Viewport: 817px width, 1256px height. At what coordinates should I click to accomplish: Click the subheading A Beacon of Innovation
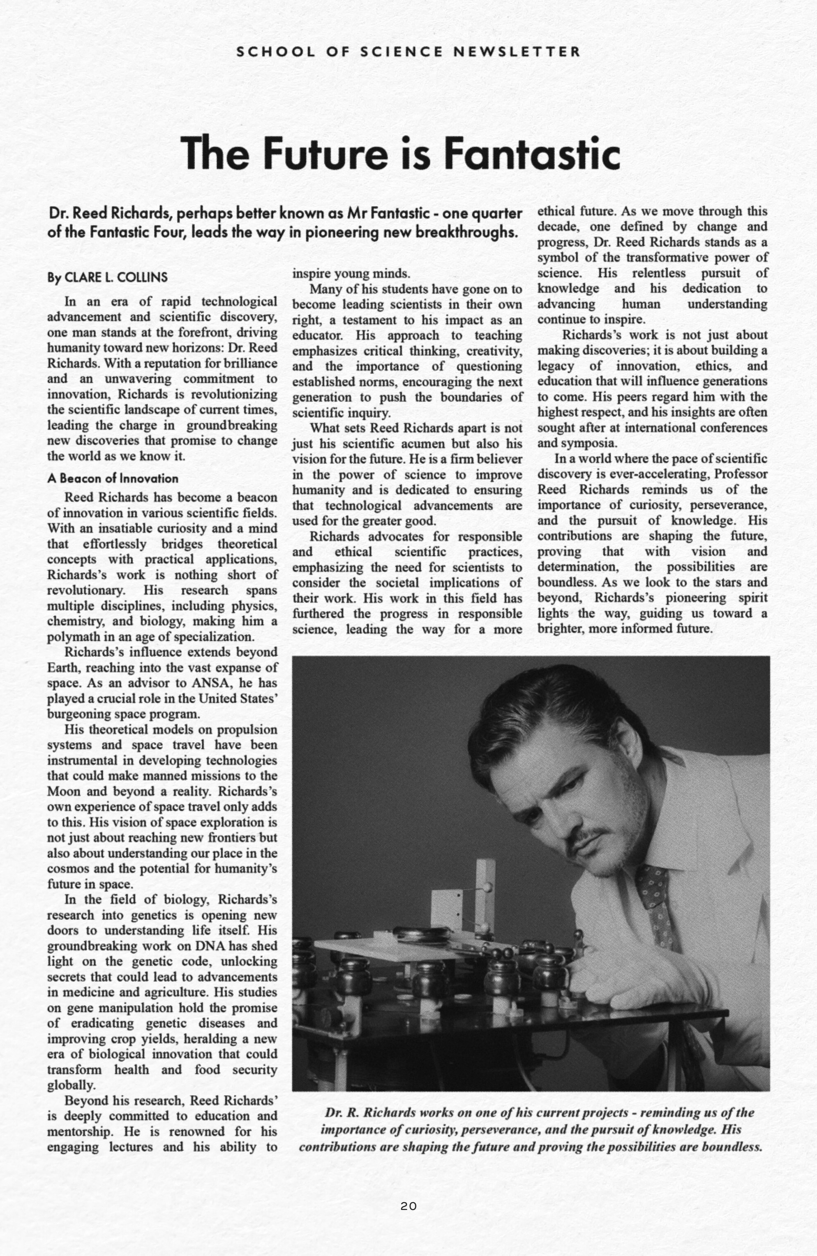pos(113,479)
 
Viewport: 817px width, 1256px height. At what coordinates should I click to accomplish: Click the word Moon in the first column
pos(62,792)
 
